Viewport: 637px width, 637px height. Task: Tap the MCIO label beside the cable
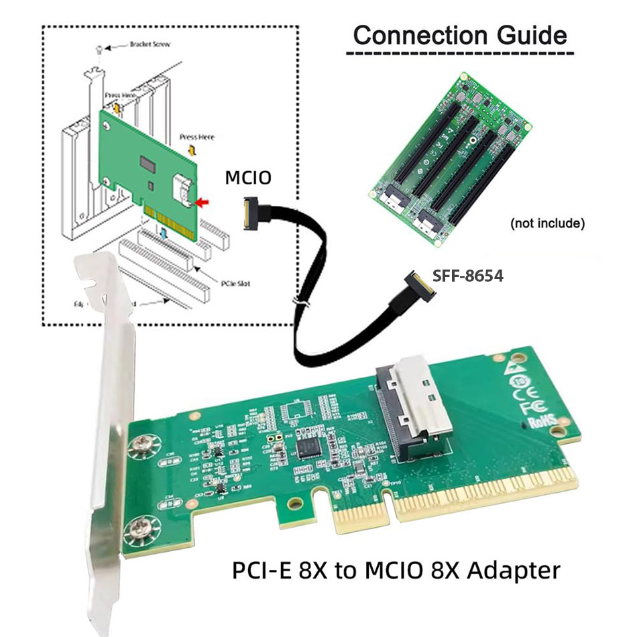[248, 178]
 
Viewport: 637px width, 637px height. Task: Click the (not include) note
[547, 223]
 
